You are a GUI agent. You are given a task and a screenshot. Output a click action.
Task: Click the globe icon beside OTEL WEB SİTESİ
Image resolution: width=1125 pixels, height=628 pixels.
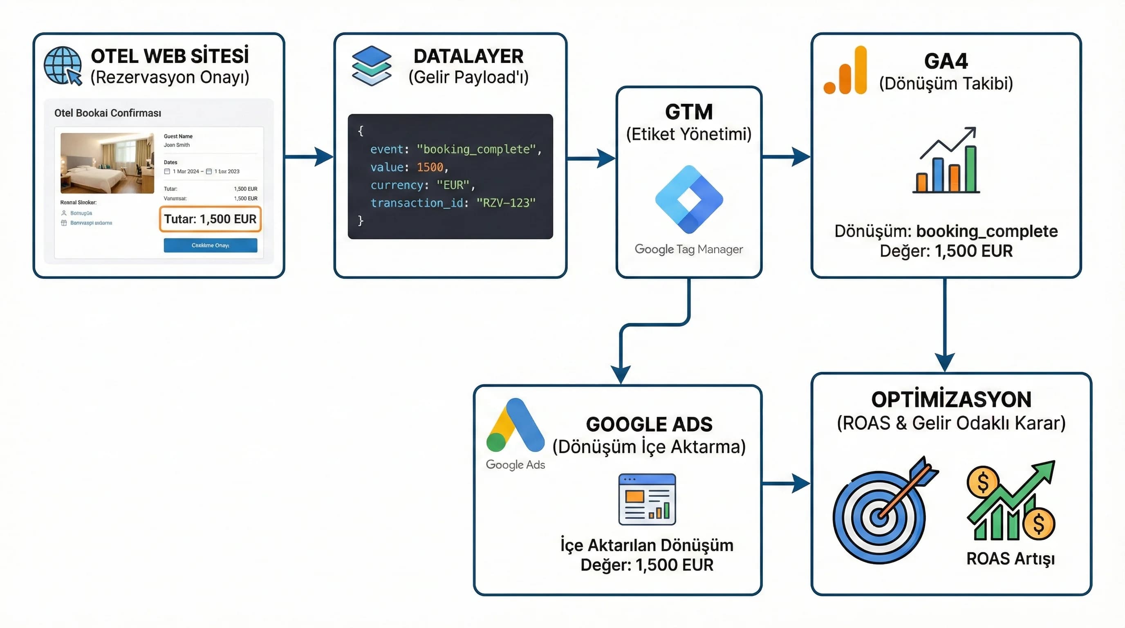63,65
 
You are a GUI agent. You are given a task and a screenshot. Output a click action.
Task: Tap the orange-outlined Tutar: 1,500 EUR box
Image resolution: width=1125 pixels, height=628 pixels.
210,219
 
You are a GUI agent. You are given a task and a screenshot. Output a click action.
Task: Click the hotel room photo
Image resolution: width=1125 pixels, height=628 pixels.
107,163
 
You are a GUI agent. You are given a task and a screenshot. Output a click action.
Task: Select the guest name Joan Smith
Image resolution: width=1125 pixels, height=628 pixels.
177,145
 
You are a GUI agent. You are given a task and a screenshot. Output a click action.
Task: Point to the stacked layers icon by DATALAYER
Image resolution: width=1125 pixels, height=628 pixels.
371,65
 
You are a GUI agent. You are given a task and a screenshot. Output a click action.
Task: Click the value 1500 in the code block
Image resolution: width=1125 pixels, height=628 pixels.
430,167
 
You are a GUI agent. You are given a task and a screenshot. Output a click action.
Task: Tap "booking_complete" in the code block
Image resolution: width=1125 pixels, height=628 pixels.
476,149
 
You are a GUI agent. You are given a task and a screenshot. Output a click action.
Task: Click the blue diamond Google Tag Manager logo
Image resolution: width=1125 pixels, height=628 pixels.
689,199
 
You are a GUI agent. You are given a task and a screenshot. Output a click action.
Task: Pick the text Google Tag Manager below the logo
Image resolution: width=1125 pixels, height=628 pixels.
688,249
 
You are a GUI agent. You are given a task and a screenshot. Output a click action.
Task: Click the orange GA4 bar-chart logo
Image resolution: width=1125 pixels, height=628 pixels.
845,71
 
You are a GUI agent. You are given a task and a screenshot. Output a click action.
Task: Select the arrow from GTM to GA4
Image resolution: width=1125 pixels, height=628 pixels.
786,156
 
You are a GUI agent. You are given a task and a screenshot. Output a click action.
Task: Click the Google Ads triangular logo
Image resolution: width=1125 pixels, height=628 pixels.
515,425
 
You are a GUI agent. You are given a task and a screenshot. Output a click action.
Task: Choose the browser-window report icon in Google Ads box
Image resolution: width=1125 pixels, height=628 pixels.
647,499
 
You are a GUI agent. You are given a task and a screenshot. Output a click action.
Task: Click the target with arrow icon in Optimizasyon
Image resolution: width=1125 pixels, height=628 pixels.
882,513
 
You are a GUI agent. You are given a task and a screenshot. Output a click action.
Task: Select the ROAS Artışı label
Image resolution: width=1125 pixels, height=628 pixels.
1010,559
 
